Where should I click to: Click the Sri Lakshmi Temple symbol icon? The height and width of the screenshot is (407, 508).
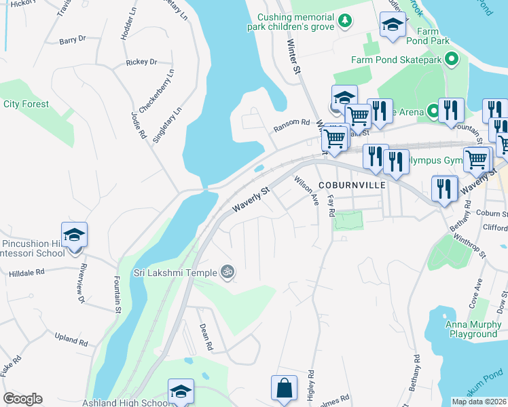[228, 272]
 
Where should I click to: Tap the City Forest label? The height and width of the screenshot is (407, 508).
[26, 104]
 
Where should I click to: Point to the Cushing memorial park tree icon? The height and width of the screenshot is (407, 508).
[346, 21]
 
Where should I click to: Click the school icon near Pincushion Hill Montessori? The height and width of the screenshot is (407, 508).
[74, 235]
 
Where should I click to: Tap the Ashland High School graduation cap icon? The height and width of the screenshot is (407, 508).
[181, 391]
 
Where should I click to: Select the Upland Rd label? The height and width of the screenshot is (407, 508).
[71, 340]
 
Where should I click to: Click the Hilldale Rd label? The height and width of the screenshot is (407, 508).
[26, 271]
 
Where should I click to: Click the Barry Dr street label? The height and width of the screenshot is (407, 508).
[72, 40]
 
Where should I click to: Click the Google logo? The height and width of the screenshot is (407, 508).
[22, 399]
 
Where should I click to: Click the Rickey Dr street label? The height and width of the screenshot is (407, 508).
[141, 62]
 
